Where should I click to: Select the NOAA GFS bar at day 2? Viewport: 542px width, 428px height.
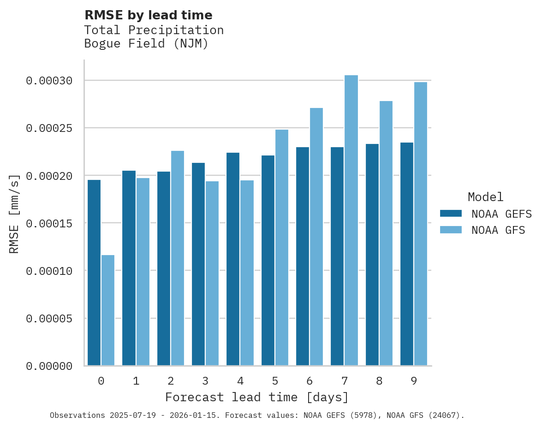(178, 258)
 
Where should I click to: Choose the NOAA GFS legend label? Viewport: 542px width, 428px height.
(498, 230)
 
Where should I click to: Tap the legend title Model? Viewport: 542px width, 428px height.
(485, 197)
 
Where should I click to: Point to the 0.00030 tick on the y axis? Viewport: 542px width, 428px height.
(49, 81)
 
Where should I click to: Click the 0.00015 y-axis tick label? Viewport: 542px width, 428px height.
(49, 224)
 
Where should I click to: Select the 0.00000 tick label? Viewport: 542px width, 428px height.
(49, 366)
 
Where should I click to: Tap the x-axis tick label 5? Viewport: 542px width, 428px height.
(275, 381)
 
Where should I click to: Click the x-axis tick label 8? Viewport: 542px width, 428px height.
(379, 381)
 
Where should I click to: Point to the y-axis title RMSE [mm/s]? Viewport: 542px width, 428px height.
(14, 214)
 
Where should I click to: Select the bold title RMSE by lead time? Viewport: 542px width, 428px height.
(148, 15)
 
